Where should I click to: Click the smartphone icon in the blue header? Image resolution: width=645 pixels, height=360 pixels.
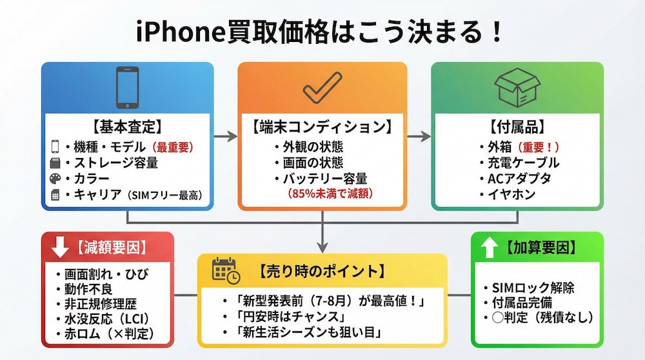pyautogui.click(x=127, y=88)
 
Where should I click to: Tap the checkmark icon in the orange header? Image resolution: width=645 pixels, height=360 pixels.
pyautogui.click(x=322, y=88)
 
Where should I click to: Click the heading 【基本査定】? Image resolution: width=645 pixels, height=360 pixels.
pyautogui.click(x=126, y=126)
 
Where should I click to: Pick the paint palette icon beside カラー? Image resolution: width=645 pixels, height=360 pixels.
pyautogui.click(x=55, y=179)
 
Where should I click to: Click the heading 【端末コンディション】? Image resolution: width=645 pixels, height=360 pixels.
pyautogui.click(x=322, y=126)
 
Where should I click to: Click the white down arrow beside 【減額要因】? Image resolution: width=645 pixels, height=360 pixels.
pyautogui.click(x=60, y=246)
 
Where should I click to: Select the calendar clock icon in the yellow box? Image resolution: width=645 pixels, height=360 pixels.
pyautogui.click(x=226, y=270)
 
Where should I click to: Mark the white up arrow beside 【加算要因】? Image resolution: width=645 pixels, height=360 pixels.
pyautogui.click(x=489, y=248)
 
